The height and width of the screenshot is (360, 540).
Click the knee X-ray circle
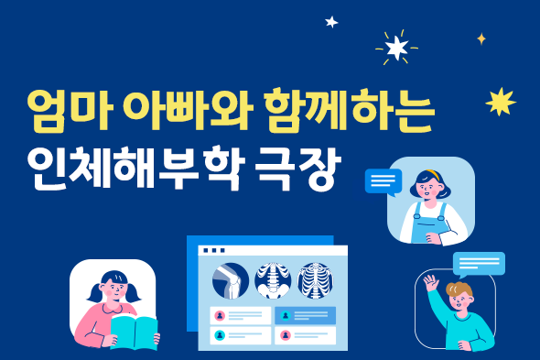point(229,279)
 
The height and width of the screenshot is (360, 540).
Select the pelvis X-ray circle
point(272,279)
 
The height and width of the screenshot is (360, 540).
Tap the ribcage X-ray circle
point(316,279)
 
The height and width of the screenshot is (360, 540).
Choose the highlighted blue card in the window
point(305,315)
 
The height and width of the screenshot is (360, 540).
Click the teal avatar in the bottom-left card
point(219,335)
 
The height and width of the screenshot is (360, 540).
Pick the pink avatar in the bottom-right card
point(285,335)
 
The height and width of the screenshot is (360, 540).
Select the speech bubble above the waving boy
point(479,264)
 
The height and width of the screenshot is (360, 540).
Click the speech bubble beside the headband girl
point(383,181)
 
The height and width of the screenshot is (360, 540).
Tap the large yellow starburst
point(500,102)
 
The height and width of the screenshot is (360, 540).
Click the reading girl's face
point(113,292)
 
